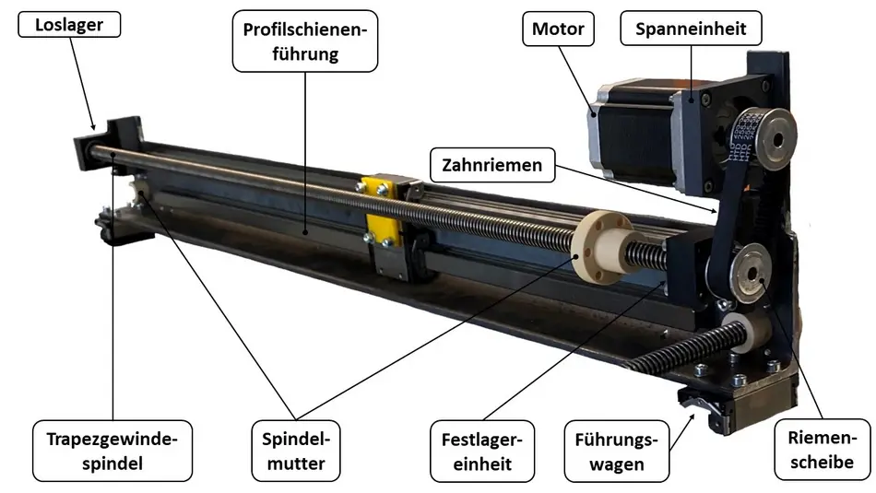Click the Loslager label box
point(69,24)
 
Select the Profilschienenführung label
point(305,42)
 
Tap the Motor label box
point(558,29)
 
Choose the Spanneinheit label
point(697,29)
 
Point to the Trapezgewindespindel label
point(112,450)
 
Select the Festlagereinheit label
point(482,450)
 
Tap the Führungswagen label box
point(615,450)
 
